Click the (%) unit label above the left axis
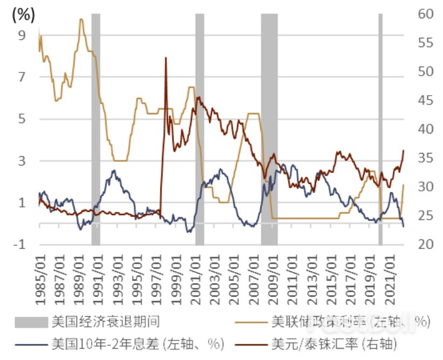(22, 15)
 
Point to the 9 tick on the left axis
(22, 35)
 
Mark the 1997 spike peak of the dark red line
(166, 58)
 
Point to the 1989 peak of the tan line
(81, 19)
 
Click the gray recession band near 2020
(380, 130)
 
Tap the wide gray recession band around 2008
(269, 130)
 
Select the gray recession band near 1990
(96, 130)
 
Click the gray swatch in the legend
(31, 323)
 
